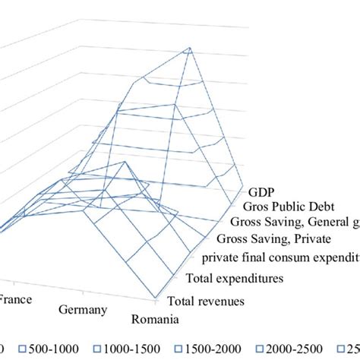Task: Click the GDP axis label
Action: (260, 190)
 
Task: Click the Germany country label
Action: (84, 309)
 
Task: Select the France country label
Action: (14, 299)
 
